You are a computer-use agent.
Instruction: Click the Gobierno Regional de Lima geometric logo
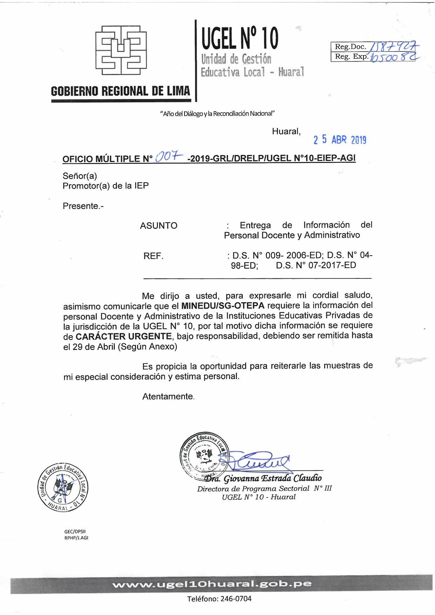(121, 50)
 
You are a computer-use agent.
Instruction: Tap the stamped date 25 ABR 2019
(340, 140)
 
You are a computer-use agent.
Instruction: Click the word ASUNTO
(159, 225)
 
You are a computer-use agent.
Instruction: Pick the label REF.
(153, 256)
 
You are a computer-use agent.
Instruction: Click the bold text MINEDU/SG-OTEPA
(223, 306)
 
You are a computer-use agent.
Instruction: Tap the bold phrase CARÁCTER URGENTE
(123, 337)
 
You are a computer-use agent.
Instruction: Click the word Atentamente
(168, 397)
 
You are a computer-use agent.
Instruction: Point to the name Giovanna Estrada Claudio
(273, 478)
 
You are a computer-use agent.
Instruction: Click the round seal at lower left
(63, 487)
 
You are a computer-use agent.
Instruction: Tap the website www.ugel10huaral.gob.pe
(212, 584)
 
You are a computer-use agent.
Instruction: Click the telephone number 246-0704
(236, 599)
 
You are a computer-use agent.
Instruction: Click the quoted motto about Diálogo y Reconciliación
(217, 114)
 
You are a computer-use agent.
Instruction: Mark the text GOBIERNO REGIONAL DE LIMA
(120, 91)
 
